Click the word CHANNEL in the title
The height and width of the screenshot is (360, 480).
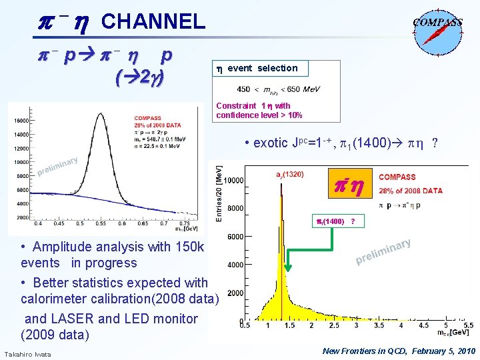(x=153, y=21)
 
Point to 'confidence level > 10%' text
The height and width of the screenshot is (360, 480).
(x=259, y=115)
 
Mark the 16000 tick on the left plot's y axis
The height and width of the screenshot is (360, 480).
(x=22, y=121)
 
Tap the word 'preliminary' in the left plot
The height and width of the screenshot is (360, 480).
(x=58, y=167)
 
